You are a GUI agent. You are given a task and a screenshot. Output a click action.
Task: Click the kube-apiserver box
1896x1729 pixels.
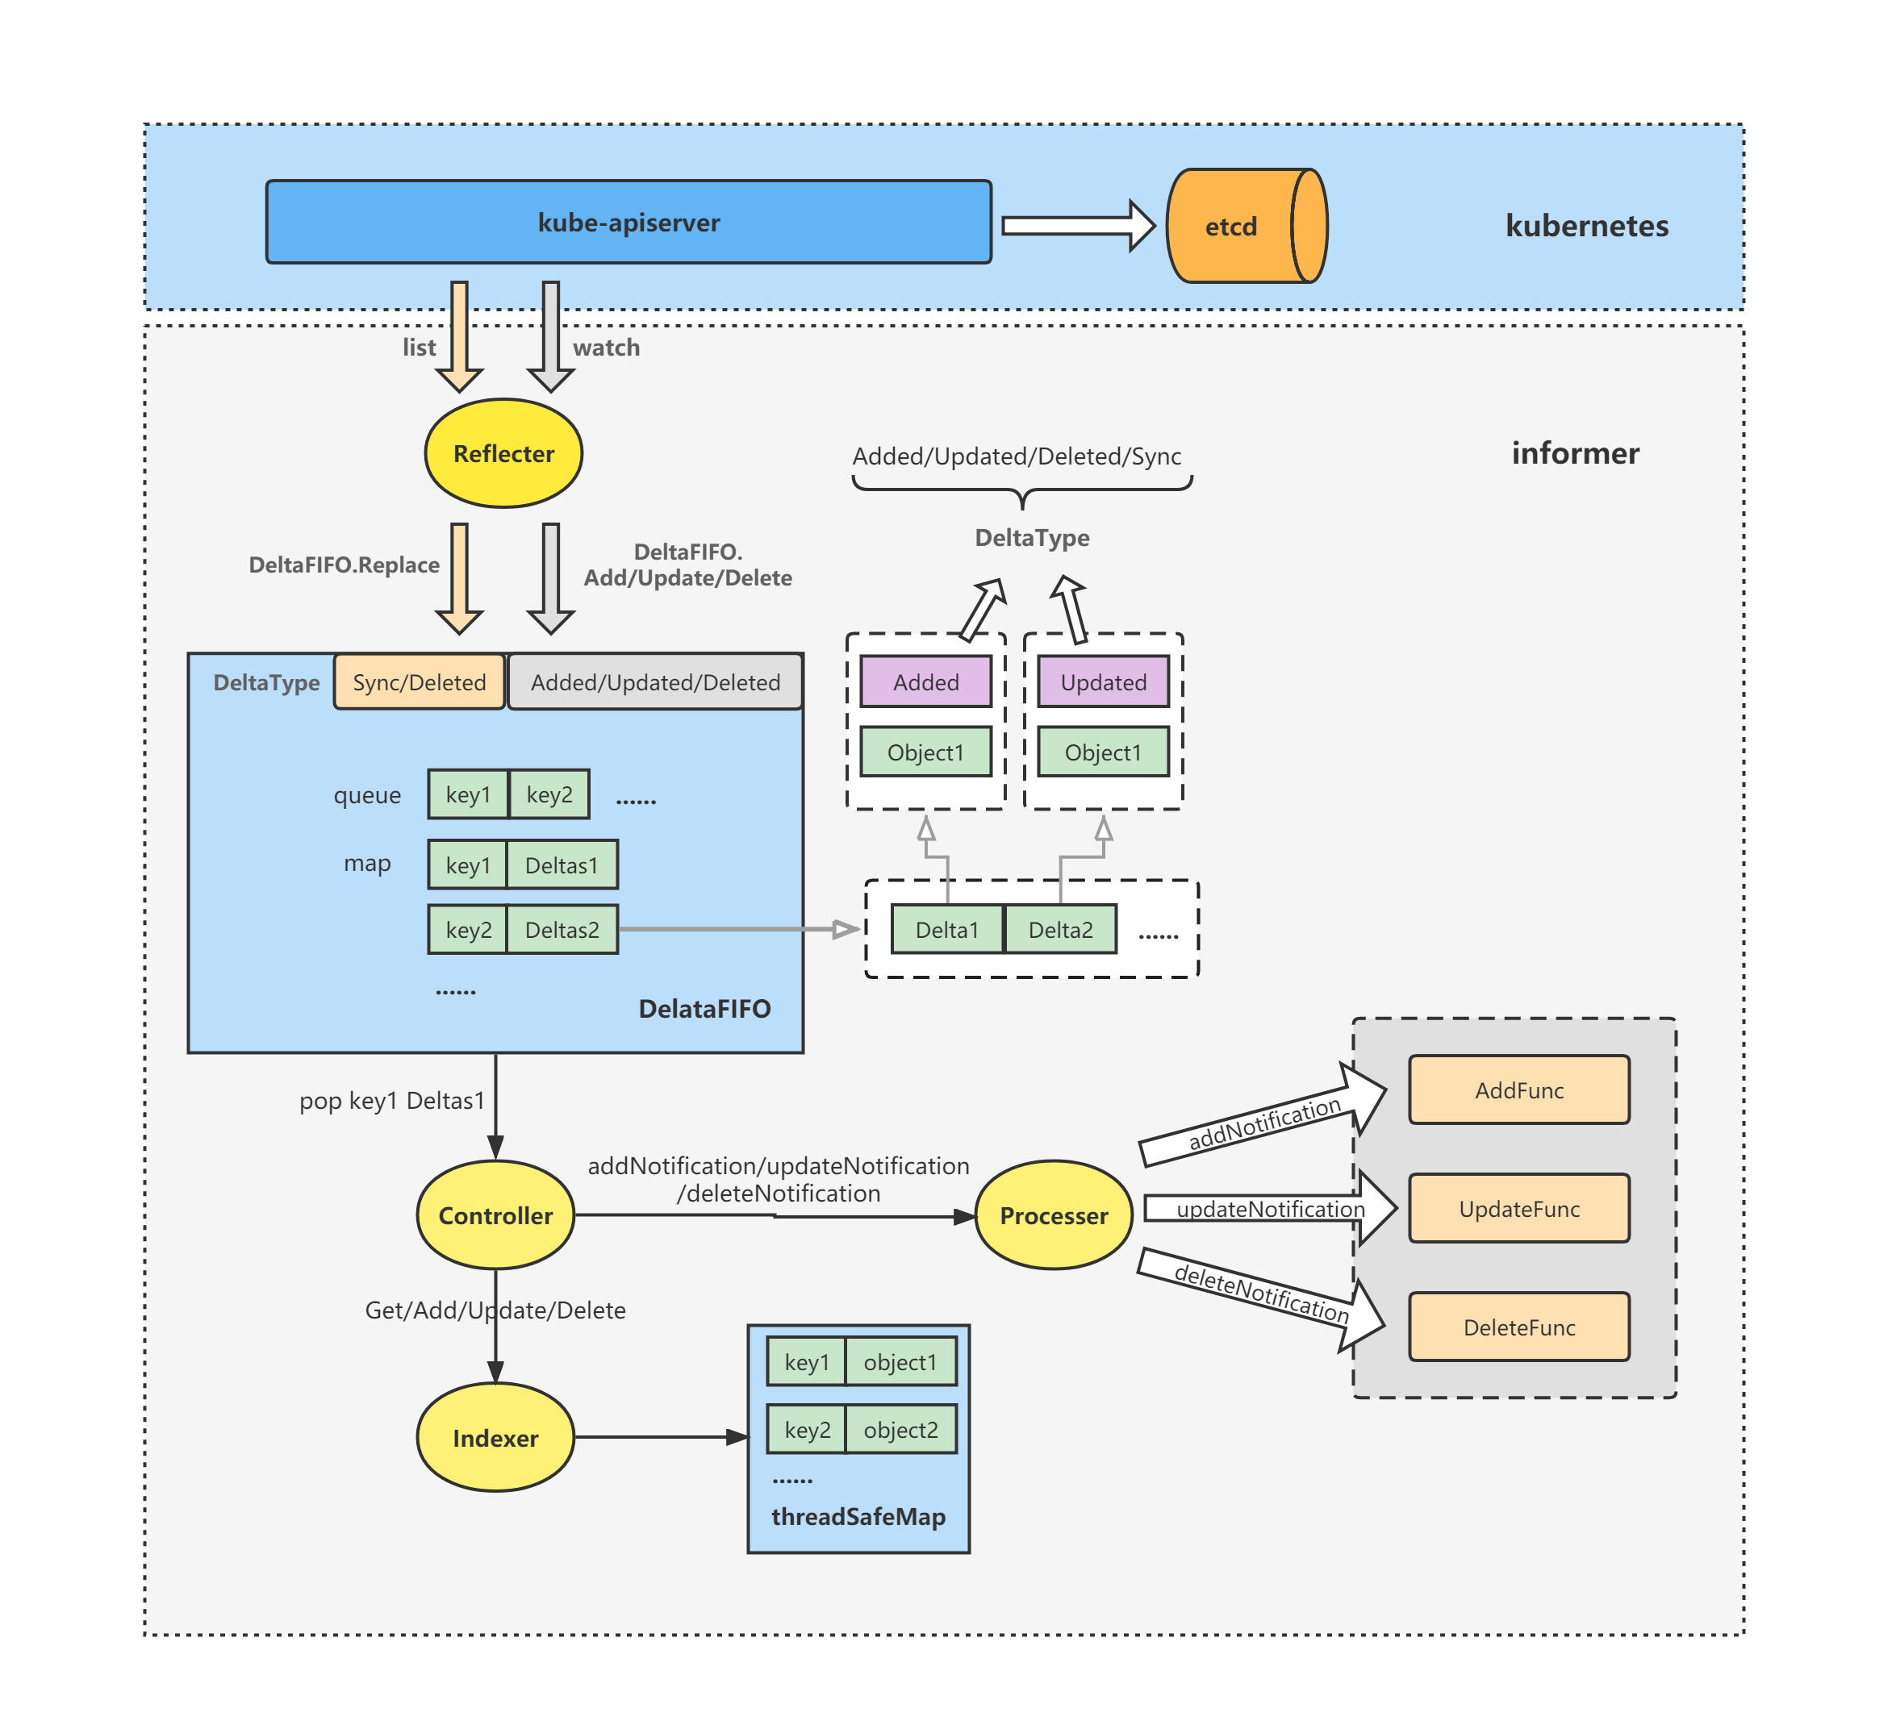(x=629, y=223)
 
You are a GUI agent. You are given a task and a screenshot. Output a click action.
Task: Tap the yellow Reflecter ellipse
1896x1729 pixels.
(x=503, y=453)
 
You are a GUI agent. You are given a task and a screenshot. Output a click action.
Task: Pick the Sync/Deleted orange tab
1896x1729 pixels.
(x=420, y=681)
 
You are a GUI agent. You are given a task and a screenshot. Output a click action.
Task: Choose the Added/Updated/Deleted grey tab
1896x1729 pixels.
(x=655, y=681)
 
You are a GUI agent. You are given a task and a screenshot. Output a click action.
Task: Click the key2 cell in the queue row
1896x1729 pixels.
(x=549, y=794)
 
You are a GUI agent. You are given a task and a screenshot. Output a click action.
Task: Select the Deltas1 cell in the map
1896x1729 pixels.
(x=562, y=865)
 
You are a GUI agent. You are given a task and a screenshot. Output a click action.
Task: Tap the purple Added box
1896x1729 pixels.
(x=925, y=681)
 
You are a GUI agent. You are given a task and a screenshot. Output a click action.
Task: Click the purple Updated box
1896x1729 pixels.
(x=1103, y=681)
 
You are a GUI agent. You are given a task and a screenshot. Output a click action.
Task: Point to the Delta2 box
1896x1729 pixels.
(x=1060, y=930)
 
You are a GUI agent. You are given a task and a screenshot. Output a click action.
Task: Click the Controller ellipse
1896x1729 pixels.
(x=495, y=1215)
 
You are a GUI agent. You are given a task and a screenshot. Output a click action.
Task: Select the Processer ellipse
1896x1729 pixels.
(x=1054, y=1215)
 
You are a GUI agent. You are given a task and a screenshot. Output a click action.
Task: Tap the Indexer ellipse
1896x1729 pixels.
(x=495, y=1438)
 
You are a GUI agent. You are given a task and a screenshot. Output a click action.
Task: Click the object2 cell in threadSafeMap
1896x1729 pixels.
(x=900, y=1429)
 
